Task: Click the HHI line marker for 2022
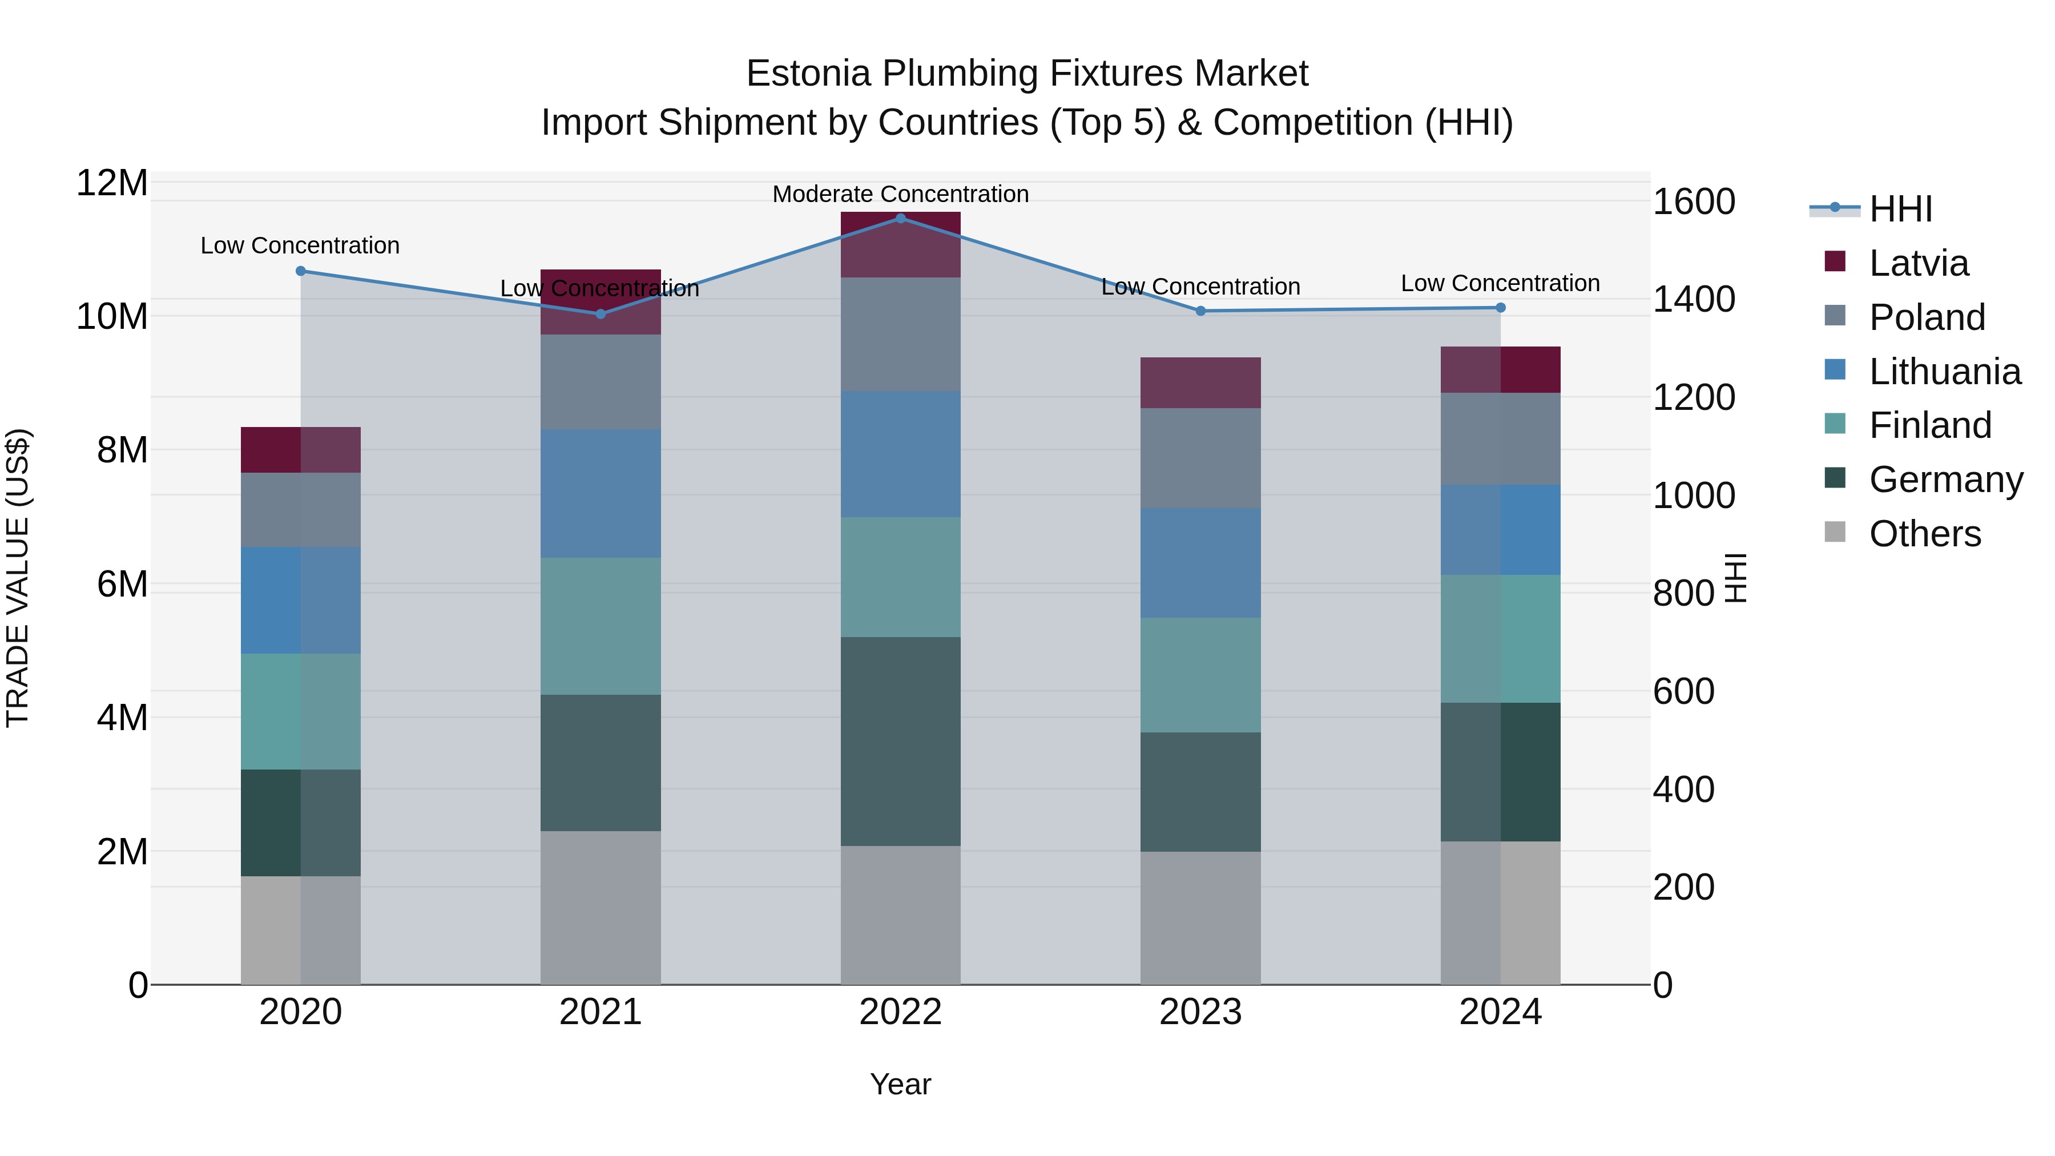(x=901, y=218)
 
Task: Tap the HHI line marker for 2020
(x=301, y=271)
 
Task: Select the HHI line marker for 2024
(x=1501, y=307)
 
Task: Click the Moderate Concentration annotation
(x=901, y=194)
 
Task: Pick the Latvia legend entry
(x=1918, y=263)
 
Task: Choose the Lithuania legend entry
(x=1944, y=372)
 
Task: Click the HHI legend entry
(x=1900, y=209)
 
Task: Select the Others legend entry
(x=1924, y=534)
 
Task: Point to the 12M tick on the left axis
(x=112, y=183)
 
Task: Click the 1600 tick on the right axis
(x=1694, y=202)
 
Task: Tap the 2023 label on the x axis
(x=1200, y=1012)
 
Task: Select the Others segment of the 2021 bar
(x=601, y=907)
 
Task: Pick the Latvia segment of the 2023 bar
(x=1200, y=383)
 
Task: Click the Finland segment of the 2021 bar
(x=601, y=626)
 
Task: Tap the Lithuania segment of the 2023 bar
(x=1200, y=562)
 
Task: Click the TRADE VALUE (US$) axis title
(x=18, y=578)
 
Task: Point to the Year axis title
(x=901, y=1084)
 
